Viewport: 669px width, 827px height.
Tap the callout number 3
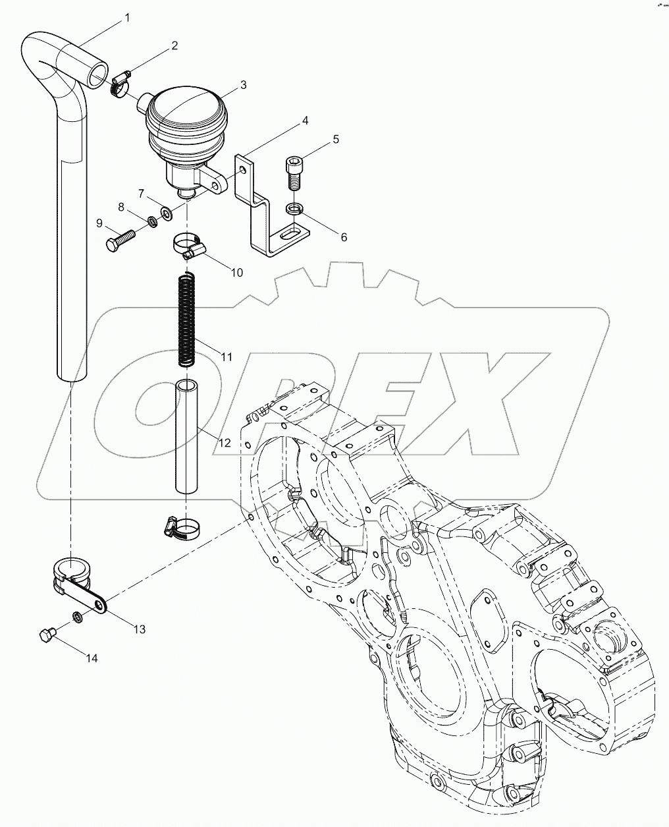click(243, 84)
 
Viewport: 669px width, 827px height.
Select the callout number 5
click(335, 139)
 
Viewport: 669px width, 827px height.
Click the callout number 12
click(224, 443)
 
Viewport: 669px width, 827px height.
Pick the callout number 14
click(91, 658)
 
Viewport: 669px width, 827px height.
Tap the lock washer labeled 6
click(294, 210)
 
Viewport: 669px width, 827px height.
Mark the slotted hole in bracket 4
click(289, 233)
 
